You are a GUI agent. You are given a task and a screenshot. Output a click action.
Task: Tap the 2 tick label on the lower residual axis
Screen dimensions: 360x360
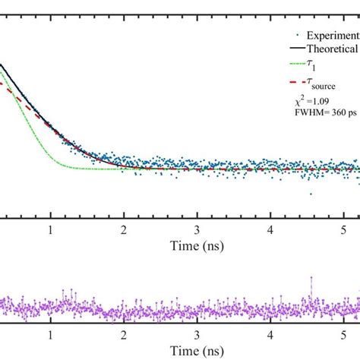coord(124,335)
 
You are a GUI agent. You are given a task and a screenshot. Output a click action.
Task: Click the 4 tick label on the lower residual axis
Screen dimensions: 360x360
coord(271,335)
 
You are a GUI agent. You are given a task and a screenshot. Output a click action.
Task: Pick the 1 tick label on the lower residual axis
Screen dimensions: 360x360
coord(50,335)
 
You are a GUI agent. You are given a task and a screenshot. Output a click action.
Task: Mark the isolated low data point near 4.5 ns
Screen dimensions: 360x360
coord(311,194)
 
